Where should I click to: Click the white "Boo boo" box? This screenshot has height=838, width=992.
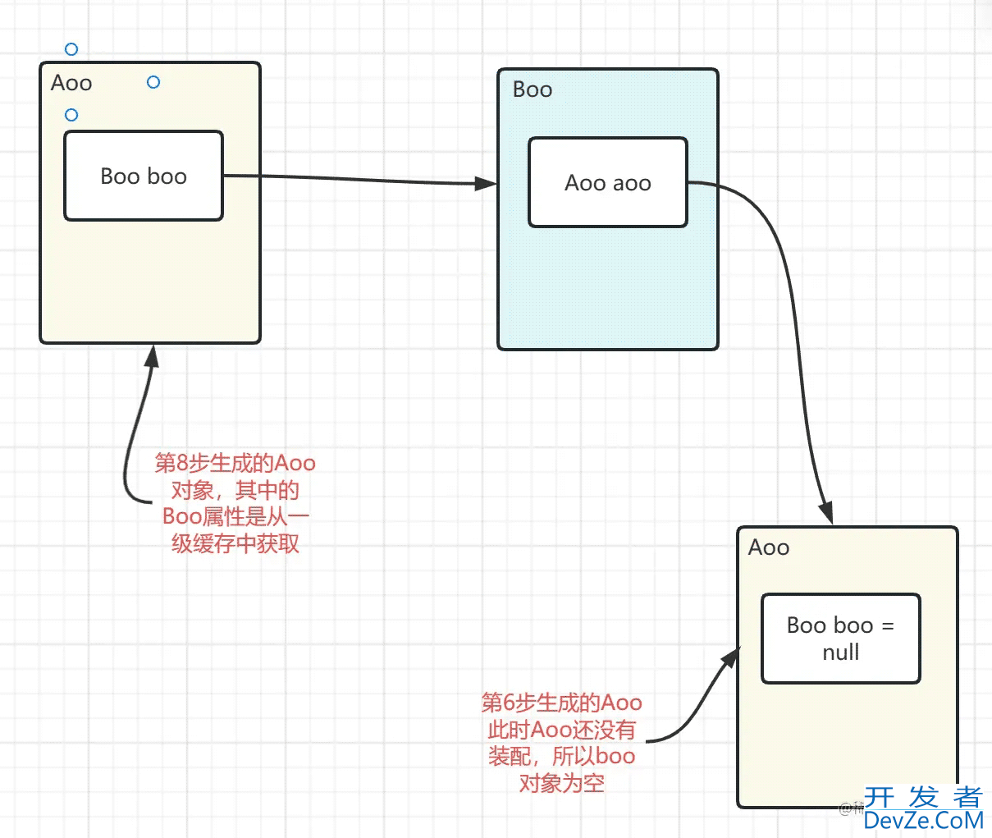tap(144, 176)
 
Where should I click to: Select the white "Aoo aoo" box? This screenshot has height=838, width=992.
tap(607, 182)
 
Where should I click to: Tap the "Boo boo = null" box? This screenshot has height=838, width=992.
tap(840, 639)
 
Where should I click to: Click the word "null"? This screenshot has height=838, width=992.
tap(841, 653)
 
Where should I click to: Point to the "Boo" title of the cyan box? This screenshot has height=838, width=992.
tap(533, 89)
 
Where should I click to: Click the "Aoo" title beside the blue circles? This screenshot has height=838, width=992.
tap(71, 83)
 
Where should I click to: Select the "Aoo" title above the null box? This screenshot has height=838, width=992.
tap(769, 547)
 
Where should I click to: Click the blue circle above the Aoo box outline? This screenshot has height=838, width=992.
tap(71, 49)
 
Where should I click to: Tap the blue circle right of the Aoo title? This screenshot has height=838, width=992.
tap(153, 82)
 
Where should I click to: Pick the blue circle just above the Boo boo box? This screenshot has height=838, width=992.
tap(71, 115)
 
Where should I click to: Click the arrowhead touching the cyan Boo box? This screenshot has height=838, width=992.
tap(487, 184)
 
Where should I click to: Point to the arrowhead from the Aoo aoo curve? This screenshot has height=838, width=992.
tap(826, 513)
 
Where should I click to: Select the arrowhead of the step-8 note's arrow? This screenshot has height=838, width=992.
tap(151, 355)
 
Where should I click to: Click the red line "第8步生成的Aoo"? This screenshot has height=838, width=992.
tap(235, 463)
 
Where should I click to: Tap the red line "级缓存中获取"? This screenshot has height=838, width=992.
tap(235, 543)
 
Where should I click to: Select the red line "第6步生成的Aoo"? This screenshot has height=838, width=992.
tap(562, 703)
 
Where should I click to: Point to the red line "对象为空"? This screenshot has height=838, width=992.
tap(562, 783)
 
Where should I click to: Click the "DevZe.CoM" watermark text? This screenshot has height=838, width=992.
tap(923, 820)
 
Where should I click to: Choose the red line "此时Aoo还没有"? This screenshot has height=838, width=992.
tap(562, 729)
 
